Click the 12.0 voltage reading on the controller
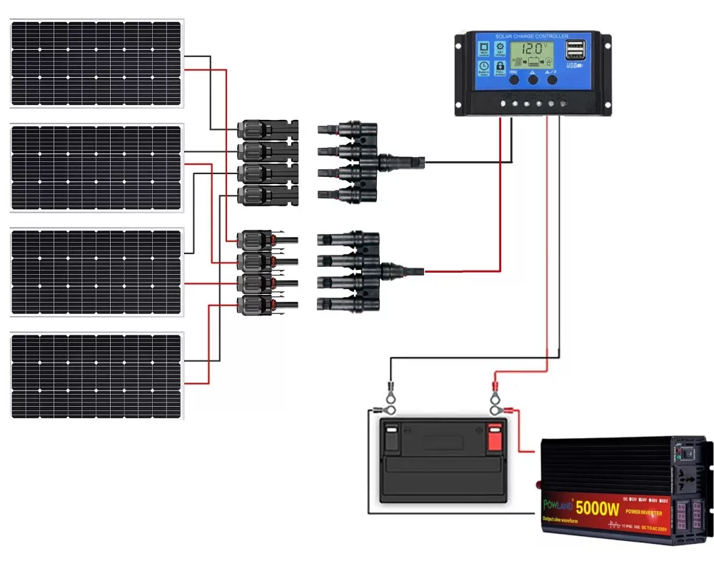[532, 50]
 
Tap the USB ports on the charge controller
[575, 50]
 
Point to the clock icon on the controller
[483, 68]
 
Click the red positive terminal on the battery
[495, 437]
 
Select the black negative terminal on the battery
[391, 437]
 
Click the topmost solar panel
[96, 64]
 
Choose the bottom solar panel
[96, 376]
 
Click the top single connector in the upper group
[266, 130]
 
